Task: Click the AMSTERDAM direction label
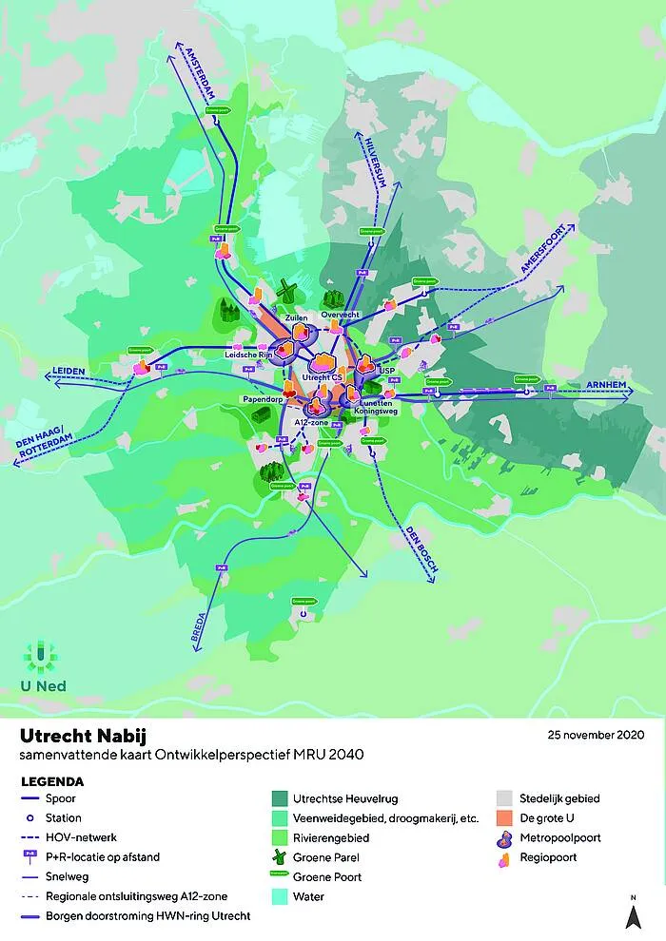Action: (201, 76)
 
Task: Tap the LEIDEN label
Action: (69, 371)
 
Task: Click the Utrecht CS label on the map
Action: (322, 377)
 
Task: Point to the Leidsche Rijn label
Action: (249, 355)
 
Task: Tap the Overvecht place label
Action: (339, 315)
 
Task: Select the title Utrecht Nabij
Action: (84, 737)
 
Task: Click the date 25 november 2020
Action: (597, 735)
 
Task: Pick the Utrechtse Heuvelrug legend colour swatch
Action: (281, 799)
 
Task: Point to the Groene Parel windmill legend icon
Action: (281, 857)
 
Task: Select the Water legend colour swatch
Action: (281, 896)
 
